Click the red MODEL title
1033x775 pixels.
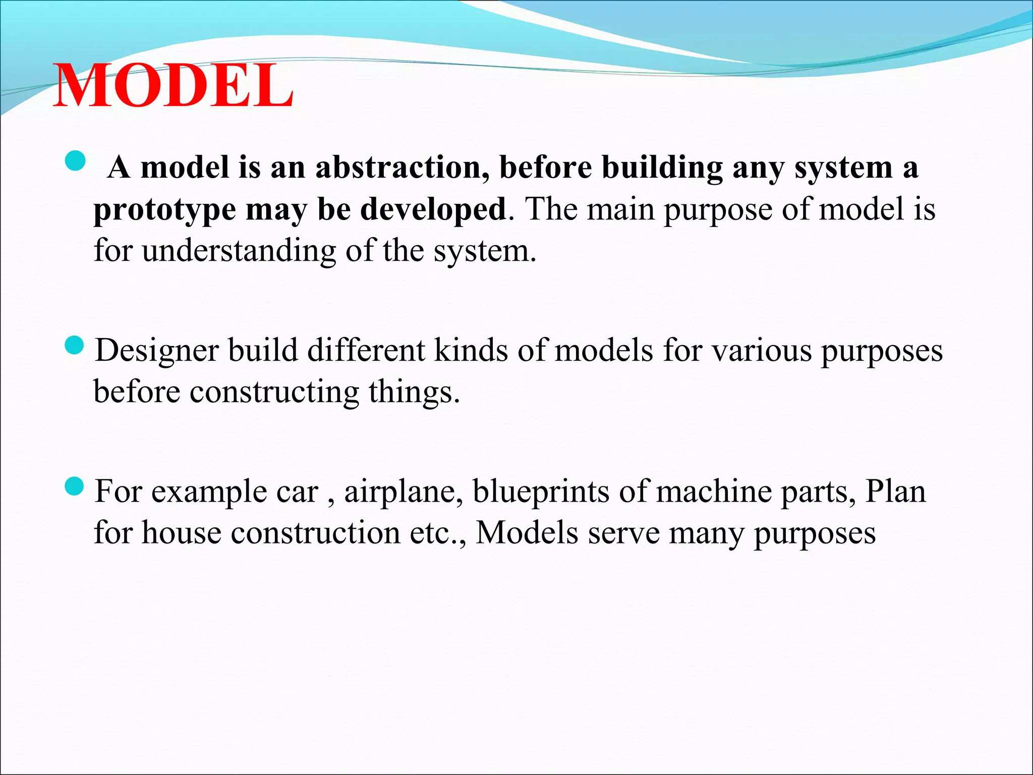point(173,86)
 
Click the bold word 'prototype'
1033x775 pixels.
point(165,210)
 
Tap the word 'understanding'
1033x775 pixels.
point(239,251)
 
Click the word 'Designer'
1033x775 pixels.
point(157,351)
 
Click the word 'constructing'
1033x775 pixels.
point(274,392)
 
